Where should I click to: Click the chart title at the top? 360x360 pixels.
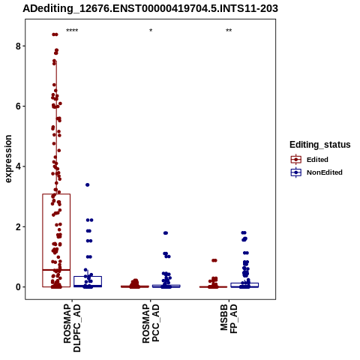point(150,8)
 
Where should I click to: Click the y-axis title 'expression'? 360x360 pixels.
point(8,159)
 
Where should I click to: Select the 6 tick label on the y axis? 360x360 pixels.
point(18,106)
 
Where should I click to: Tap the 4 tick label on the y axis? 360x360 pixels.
point(18,166)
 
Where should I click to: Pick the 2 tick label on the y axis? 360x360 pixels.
point(18,226)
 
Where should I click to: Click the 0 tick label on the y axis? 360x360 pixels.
point(18,287)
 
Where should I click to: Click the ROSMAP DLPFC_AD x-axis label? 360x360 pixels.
point(72,328)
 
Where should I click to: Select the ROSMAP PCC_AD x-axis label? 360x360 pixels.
point(151,323)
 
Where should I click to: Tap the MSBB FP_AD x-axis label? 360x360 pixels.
point(229,319)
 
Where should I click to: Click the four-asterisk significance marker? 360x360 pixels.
point(72,31)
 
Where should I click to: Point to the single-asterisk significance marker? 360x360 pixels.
point(151,31)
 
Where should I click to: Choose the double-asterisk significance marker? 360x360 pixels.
point(229,31)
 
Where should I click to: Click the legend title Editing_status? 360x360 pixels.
point(320,145)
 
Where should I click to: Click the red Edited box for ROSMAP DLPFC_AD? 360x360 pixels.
point(43,240)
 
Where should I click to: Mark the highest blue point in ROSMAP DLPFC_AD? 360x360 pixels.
point(88,184)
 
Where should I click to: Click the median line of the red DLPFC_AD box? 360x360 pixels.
point(56,270)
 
